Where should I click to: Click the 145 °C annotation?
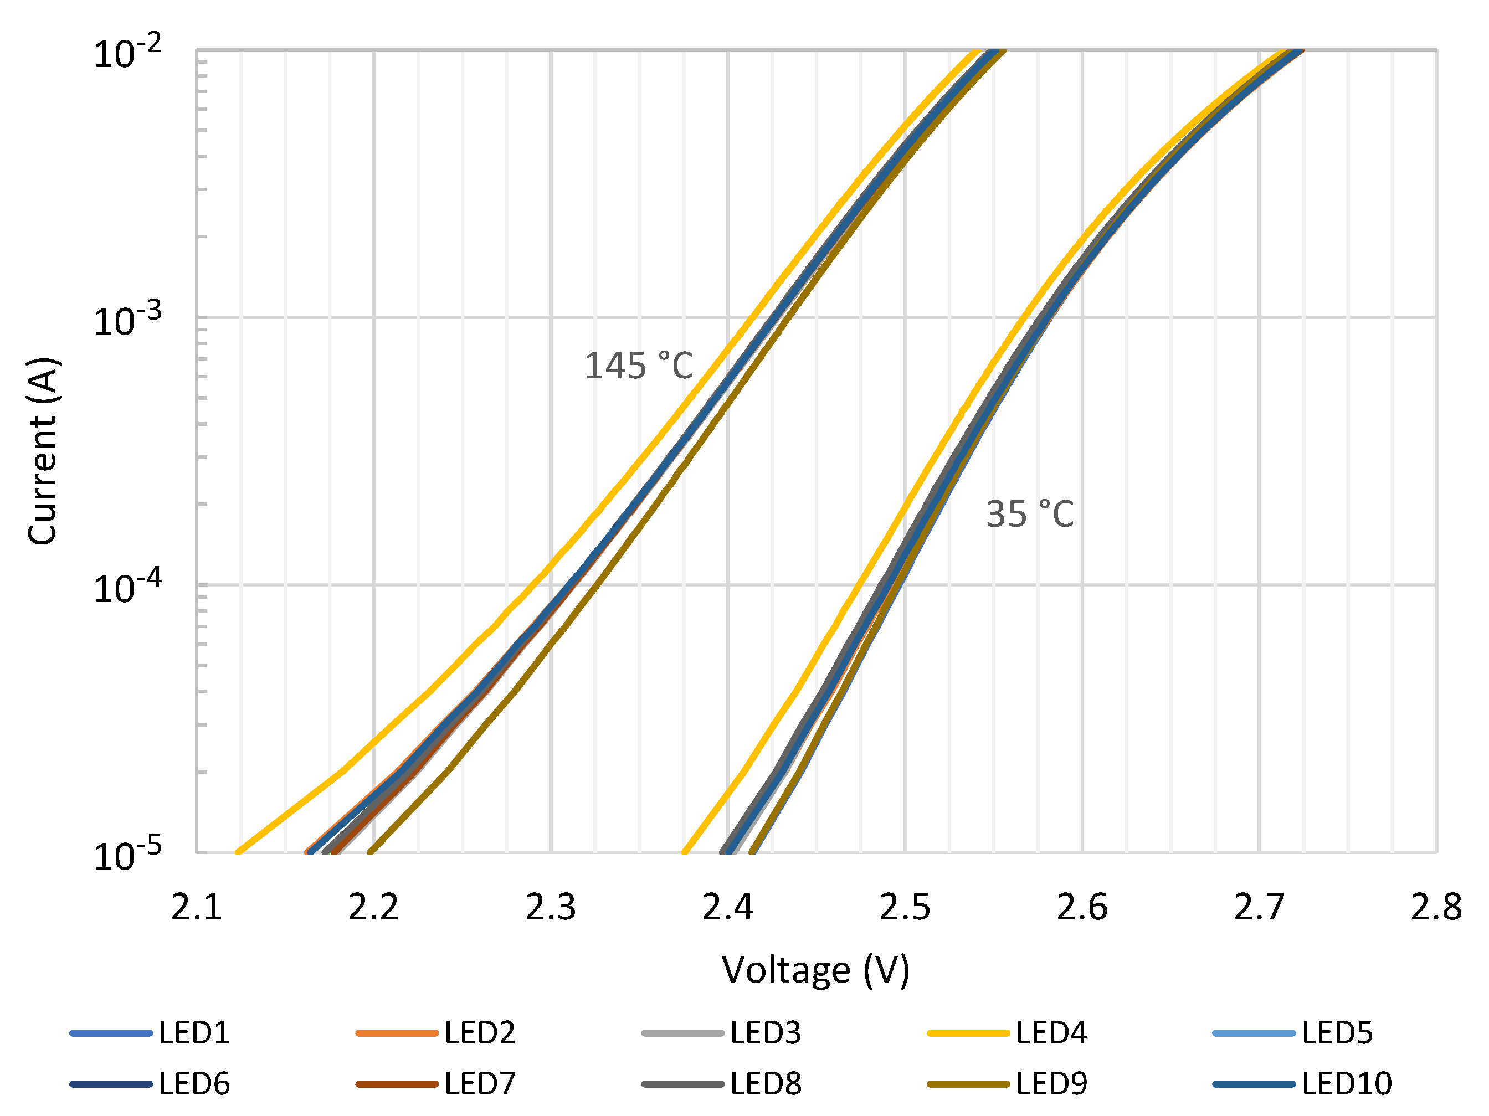tap(638, 366)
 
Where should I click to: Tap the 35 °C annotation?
tap(1029, 515)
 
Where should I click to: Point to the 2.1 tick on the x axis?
tap(197, 907)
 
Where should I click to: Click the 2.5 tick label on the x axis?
tap(905, 907)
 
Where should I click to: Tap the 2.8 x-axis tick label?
tap(1436, 907)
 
